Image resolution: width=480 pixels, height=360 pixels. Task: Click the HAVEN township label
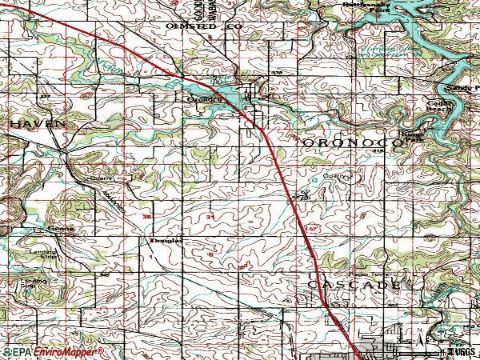click(x=38, y=125)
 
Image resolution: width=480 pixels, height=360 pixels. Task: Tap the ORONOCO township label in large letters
click(x=351, y=142)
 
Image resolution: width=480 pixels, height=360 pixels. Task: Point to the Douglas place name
click(x=166, y=239)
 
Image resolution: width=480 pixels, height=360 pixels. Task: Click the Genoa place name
click(x=63, y=228)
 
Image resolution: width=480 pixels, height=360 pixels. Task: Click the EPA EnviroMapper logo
click(x=54, y=351)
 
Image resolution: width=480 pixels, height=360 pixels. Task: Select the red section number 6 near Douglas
click(x=210, y=254)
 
